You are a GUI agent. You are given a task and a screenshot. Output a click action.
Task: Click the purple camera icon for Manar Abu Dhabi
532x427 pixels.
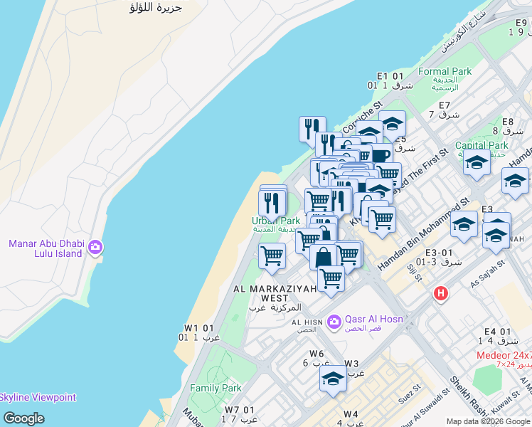[x=95, y=248]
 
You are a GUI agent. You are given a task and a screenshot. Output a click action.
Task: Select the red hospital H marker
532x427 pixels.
[x=441, y=293]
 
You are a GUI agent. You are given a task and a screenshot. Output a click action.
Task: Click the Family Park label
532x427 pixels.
[x=216, y=389]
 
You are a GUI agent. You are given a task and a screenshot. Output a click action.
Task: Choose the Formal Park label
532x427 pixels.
[x=445, y=71]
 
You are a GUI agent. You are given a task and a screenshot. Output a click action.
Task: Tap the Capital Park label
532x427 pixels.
[x=482, y=145]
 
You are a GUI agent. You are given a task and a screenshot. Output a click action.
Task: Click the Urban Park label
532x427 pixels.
[x=276, y=221]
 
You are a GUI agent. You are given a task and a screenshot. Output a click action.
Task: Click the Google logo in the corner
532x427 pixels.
[x=23, y=418]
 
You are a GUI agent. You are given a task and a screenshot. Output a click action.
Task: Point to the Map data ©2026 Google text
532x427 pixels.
[x=488, y=421]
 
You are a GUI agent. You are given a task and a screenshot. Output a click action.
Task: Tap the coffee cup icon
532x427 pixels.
[x=381, y=154]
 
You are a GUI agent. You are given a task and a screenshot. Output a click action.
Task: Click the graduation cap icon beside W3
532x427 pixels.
[x=332, y=378]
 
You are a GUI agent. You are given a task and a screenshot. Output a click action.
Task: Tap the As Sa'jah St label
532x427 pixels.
[x=488, y=273]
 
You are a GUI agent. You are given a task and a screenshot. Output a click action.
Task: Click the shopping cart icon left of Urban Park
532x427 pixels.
[x=272, y=255]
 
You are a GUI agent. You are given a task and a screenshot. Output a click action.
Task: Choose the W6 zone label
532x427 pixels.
[x=316, y=354]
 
